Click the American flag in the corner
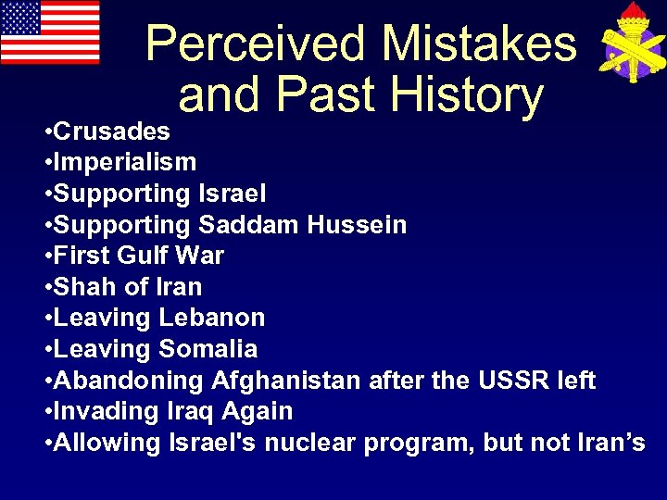50,32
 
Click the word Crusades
112,131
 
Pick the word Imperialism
125,162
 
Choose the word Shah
84,287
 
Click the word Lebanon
212,318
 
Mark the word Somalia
208,349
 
